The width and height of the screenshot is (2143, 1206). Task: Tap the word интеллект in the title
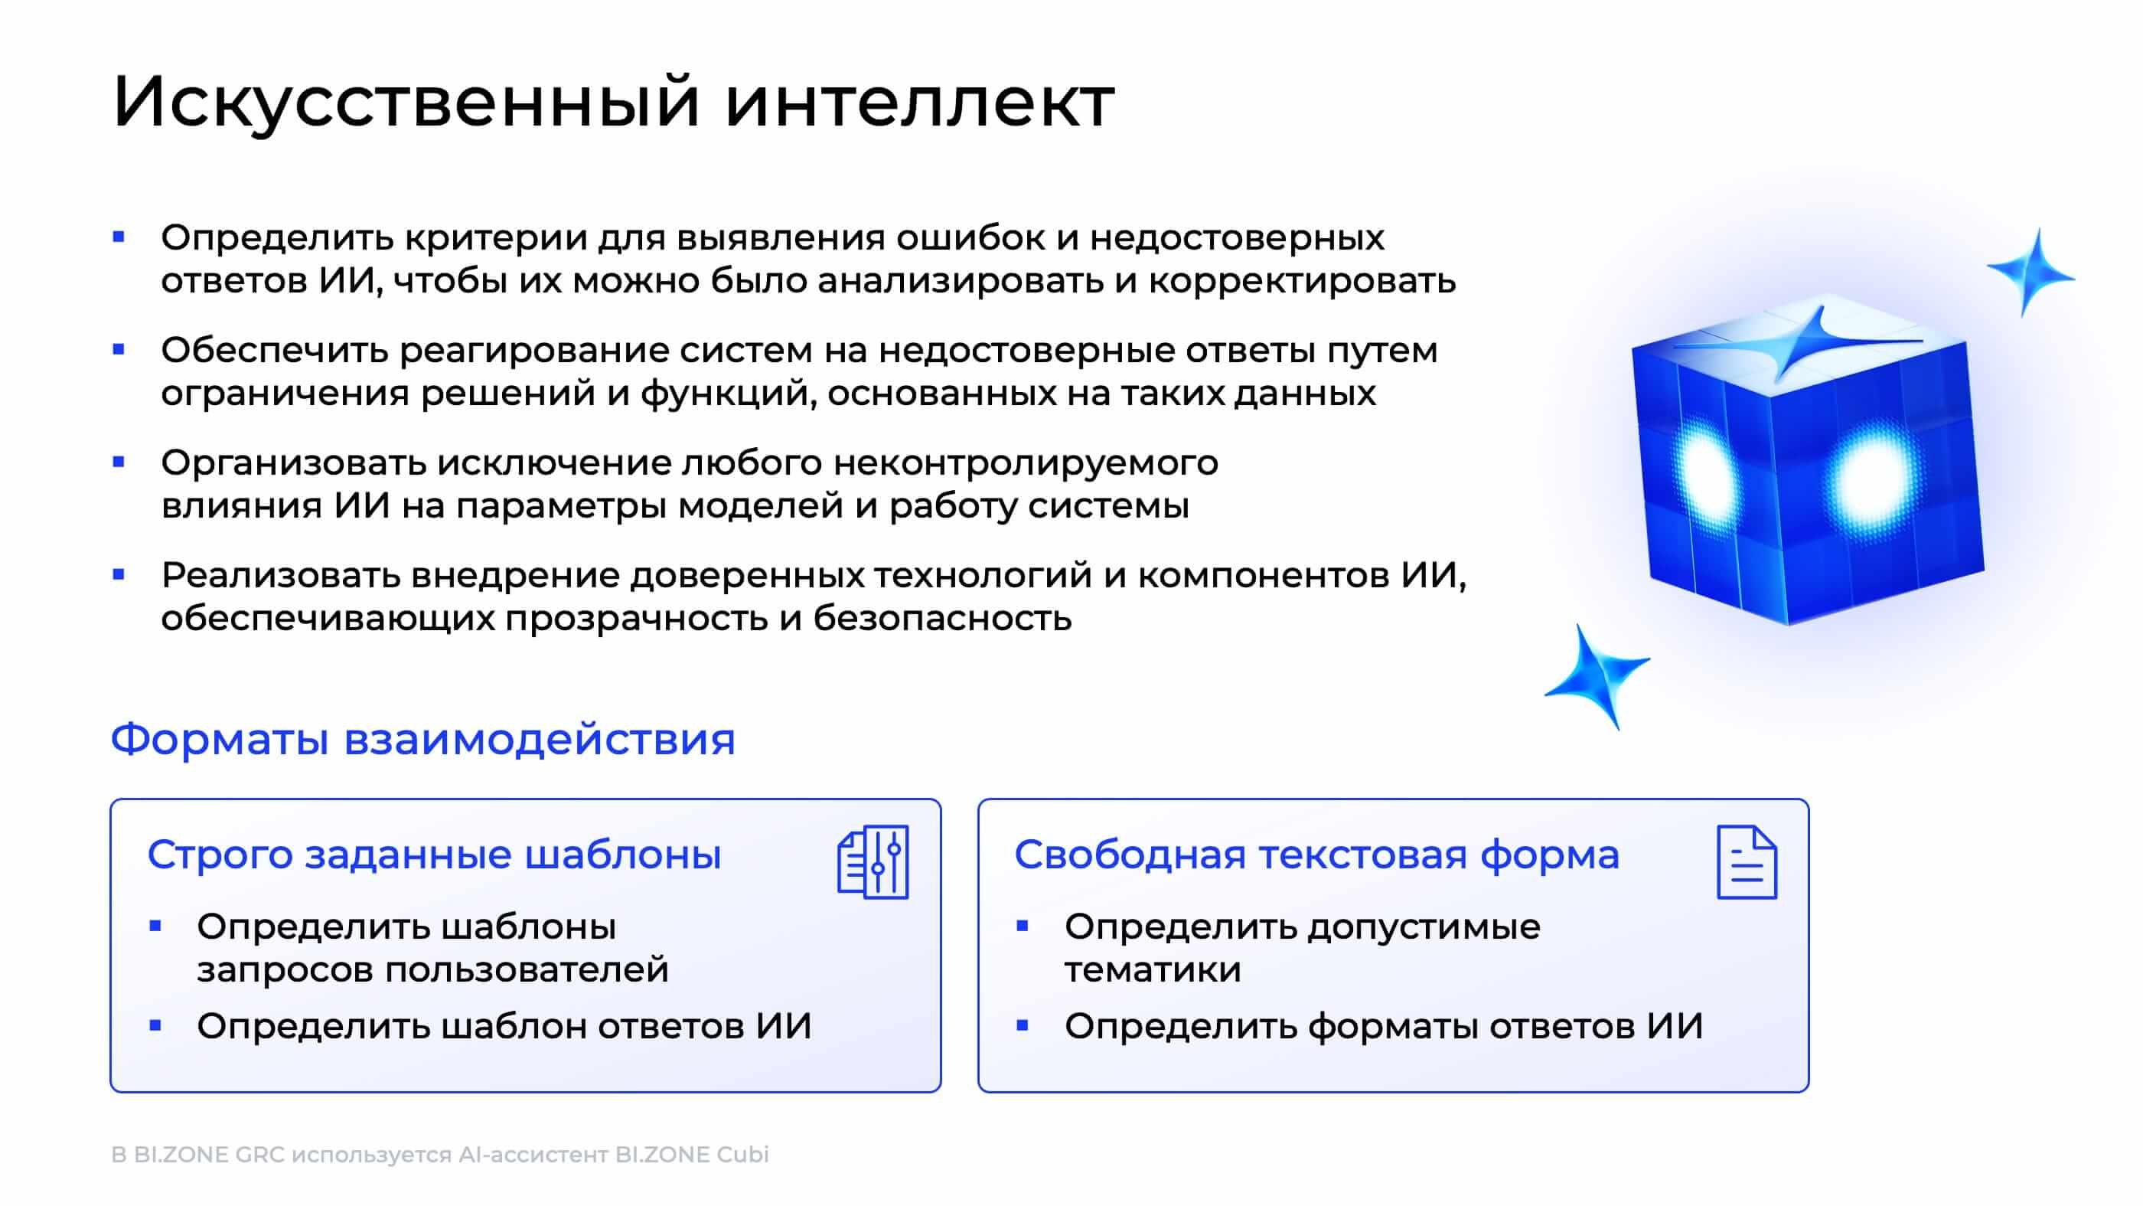(x=919, y=102)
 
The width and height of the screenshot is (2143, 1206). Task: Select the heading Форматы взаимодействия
(x=422, y=739)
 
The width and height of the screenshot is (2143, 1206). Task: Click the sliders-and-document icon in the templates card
(x=873, y=862)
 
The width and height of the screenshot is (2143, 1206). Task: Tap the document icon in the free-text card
(x=1747, y=862)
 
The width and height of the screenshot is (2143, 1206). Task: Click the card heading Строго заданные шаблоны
(x=433, y=855)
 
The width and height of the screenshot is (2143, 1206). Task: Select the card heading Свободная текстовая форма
(x=1316, y=855)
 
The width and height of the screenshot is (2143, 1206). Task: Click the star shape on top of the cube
(x=1802, y=342)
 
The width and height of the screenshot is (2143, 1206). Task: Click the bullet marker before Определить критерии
(x=119, y=237)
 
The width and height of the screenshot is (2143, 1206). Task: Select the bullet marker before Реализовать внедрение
(x=119, y=574)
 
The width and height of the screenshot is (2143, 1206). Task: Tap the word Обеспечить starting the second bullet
(x=275, y=351)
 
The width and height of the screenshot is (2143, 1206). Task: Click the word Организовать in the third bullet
(x=293, y=462)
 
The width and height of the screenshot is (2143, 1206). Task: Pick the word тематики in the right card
(x=1152, y=970)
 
